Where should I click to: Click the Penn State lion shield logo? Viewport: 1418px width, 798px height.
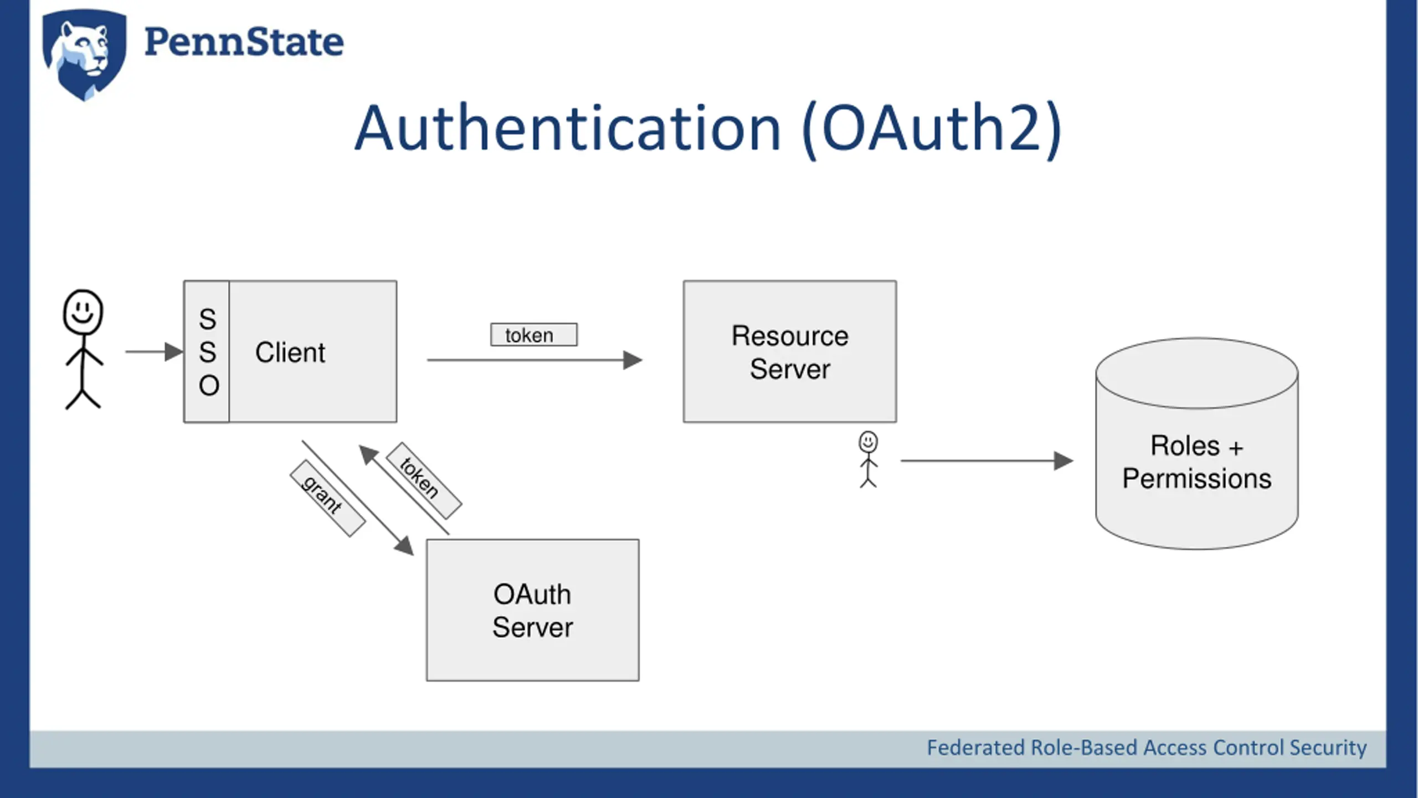point(84,54)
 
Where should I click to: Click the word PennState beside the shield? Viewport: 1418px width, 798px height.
point(244,42)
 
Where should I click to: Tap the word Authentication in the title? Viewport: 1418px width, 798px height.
point(568,129)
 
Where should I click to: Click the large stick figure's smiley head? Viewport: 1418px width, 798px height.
point(83,312)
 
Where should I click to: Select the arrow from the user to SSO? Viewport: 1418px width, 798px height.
point(154,351)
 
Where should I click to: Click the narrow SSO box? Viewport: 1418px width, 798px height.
point(207,351)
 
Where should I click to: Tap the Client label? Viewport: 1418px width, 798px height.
point(290,352)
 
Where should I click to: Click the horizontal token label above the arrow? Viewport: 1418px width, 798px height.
point(533,335)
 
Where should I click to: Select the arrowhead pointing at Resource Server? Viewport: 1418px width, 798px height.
point(633,360)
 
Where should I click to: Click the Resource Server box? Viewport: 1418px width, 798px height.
point(790,351)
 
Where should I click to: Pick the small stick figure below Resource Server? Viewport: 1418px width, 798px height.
point(868,459)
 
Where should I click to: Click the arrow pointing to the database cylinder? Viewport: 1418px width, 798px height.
point(987,461)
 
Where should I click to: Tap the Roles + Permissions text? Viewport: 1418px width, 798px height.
point(1197,462)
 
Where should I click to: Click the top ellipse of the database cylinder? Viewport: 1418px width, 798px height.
point(1197,374)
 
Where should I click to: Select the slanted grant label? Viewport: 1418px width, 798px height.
point(327,498)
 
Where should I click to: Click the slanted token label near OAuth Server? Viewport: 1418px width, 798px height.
point(424,480)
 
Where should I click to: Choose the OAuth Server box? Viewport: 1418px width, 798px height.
point(533,610)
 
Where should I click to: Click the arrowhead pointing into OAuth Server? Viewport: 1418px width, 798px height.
point(404,545)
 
